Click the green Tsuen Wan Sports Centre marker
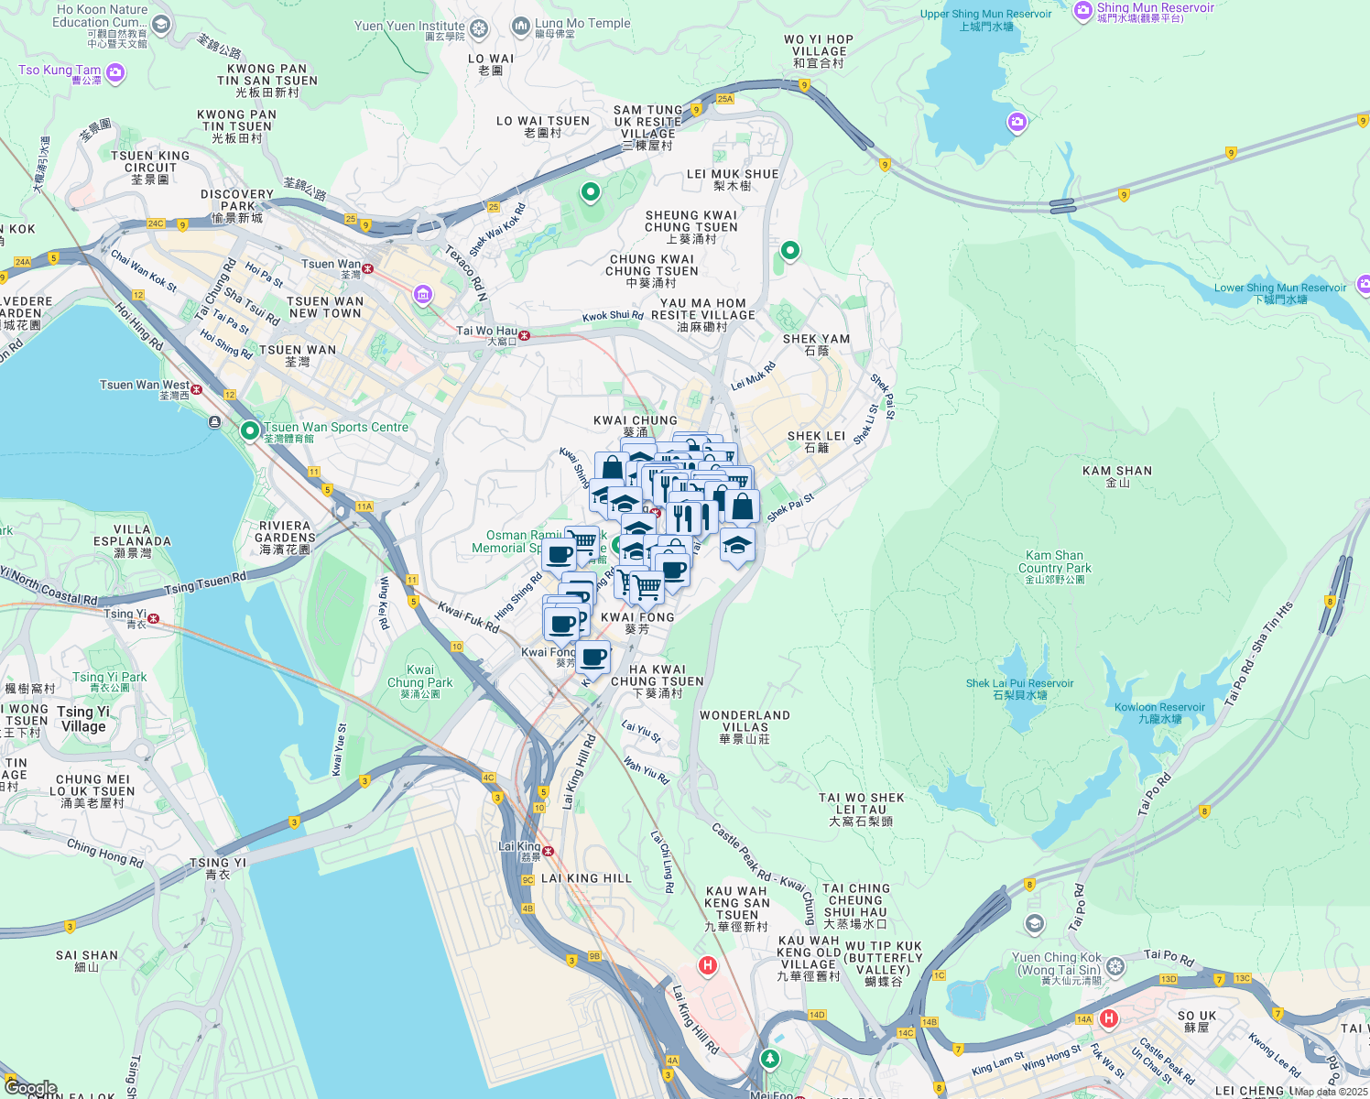(x=249, y=430)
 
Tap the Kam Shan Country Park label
(x=1054, y=567)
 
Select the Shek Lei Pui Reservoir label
(x=1019, y=689)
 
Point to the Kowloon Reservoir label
(x=1159, y=713)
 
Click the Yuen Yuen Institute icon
(x=479, y=29)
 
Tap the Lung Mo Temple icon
(x=520, y=27)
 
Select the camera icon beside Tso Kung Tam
(x=115, y=72)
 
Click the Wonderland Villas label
(x=745, y=726)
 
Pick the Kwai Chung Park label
(x=419, y=681)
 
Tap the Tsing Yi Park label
(x=110, y=681)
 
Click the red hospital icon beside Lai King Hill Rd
(x=707, y=965)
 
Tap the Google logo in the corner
(x=31, y=1087)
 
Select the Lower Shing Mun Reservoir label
(x=1279, y=293)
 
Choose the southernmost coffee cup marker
(x=593, y=658)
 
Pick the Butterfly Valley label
(x=884, y=963)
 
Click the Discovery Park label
(x=237, y=205)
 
